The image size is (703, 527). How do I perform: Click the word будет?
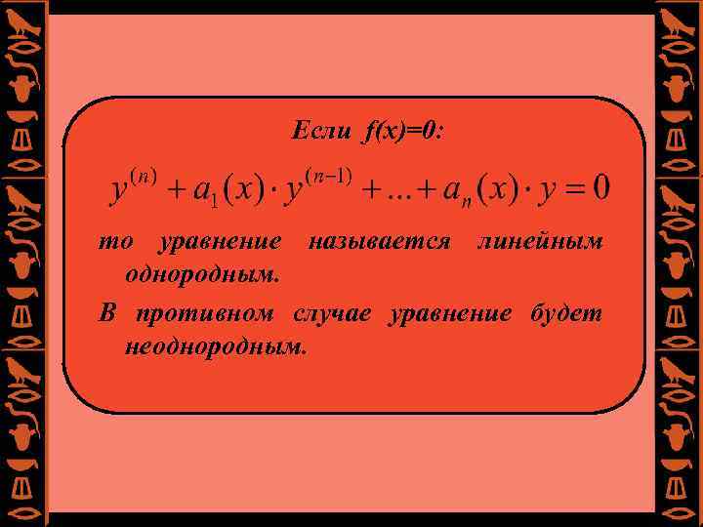565,314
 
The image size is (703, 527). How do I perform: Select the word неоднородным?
215,346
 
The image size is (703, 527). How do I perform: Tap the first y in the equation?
120,190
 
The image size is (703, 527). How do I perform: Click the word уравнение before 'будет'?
450,314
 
